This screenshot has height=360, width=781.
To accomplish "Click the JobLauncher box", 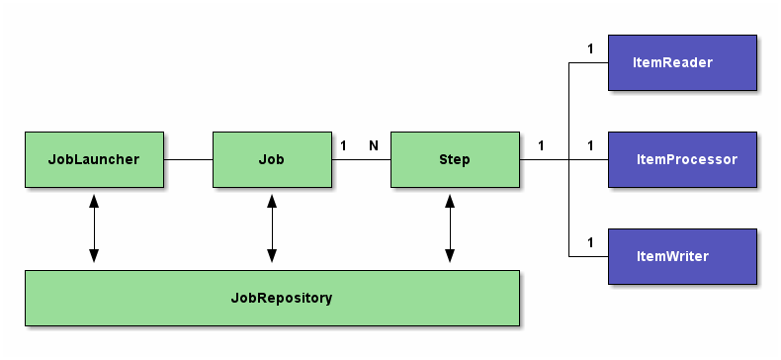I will pos(94,159).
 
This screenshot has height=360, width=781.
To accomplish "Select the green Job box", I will pos(272,159).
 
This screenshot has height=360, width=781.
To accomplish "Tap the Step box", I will pos(454,159).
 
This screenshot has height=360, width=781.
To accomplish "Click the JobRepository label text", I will pos(282,298).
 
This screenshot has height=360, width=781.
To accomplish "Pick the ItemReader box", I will pos(682,62).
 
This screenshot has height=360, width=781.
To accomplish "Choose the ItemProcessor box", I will pos(682,159).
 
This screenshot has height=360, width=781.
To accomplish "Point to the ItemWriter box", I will pos(682,256).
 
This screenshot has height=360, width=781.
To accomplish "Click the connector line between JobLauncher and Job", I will pos(188,159).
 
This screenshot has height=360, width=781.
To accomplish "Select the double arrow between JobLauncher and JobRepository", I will pos(94,228).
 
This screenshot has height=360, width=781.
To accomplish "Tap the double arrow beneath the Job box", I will pos(272,228).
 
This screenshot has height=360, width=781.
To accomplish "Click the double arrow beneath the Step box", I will pos(450,228).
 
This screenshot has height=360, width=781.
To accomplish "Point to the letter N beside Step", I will pos(374,145).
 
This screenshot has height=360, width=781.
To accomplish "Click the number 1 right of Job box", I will pos(343,145).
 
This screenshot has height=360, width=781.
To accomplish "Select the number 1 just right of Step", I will pos(541,145).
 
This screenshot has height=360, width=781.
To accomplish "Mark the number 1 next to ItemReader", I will pos(590,48).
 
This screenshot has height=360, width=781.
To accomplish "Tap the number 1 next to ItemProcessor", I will pos(590,145).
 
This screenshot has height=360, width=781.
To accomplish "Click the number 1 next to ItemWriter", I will pos(590,242).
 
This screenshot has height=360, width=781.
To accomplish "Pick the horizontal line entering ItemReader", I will pos(588,62).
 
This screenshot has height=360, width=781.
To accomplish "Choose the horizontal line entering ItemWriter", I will pos(588,256).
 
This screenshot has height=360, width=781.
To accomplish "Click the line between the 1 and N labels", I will pos(361,159).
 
